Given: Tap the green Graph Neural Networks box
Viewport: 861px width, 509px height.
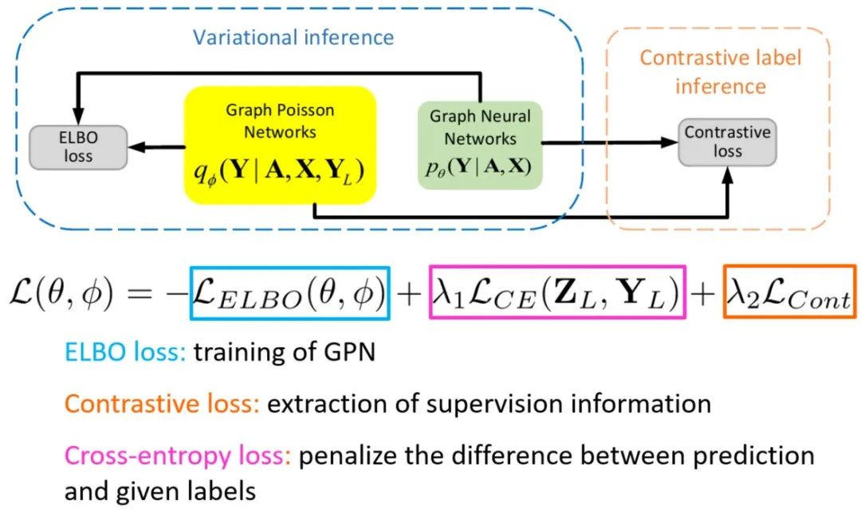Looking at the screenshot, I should pos(480,145).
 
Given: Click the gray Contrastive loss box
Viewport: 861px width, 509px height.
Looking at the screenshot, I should pos(727,142).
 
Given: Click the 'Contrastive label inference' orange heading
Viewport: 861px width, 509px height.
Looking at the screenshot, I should pos(720,70).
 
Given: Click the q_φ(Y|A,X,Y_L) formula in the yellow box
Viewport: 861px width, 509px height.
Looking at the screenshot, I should pos(280,171).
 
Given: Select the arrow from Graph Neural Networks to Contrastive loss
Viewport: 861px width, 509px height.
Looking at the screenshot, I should pos(610,143).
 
